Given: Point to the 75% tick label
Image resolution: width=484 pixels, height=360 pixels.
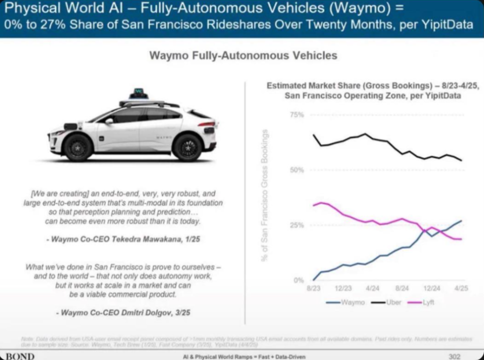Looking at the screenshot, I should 297,115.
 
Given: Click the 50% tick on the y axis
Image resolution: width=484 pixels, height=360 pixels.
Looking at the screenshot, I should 297,170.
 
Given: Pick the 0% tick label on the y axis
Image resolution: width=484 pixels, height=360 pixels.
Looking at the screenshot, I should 298,280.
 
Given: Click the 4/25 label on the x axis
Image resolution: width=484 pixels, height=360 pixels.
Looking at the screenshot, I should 460,288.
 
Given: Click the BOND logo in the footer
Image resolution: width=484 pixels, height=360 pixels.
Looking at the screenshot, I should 18,356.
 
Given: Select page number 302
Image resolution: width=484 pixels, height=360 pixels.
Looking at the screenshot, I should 454,356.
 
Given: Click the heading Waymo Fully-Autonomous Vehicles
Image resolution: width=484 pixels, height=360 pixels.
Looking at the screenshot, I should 243,55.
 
